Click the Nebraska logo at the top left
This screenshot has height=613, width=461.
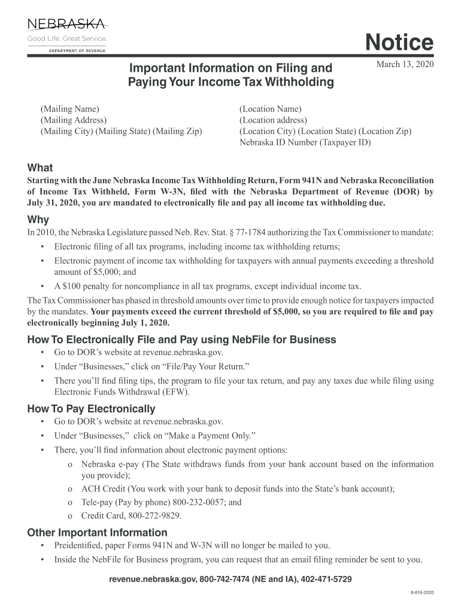pyautogui.click(x=66, y=35)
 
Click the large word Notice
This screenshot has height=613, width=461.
pyautogui.click(x=399, y=43)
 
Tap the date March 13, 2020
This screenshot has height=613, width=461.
pyautogui.click(x=404, y=64)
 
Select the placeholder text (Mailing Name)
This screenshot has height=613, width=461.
pyautogui.click(x=69, y=109)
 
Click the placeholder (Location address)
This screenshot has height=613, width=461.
pyautogui.click(x=273, y=120)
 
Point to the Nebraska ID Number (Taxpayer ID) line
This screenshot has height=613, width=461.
pyautogui.click(x=305, y=142)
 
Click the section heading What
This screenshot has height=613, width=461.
pyautogui.click(x=40, y=168)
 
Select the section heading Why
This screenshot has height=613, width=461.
pyautogui.click(x=38, y=220)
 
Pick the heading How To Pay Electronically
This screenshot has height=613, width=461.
pyautogui.click(x=92, y=409)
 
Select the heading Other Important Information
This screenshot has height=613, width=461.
pyautogui.click(x=98, y=533)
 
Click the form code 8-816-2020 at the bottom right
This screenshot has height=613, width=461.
pyautogui.click(x=422, y=592)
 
